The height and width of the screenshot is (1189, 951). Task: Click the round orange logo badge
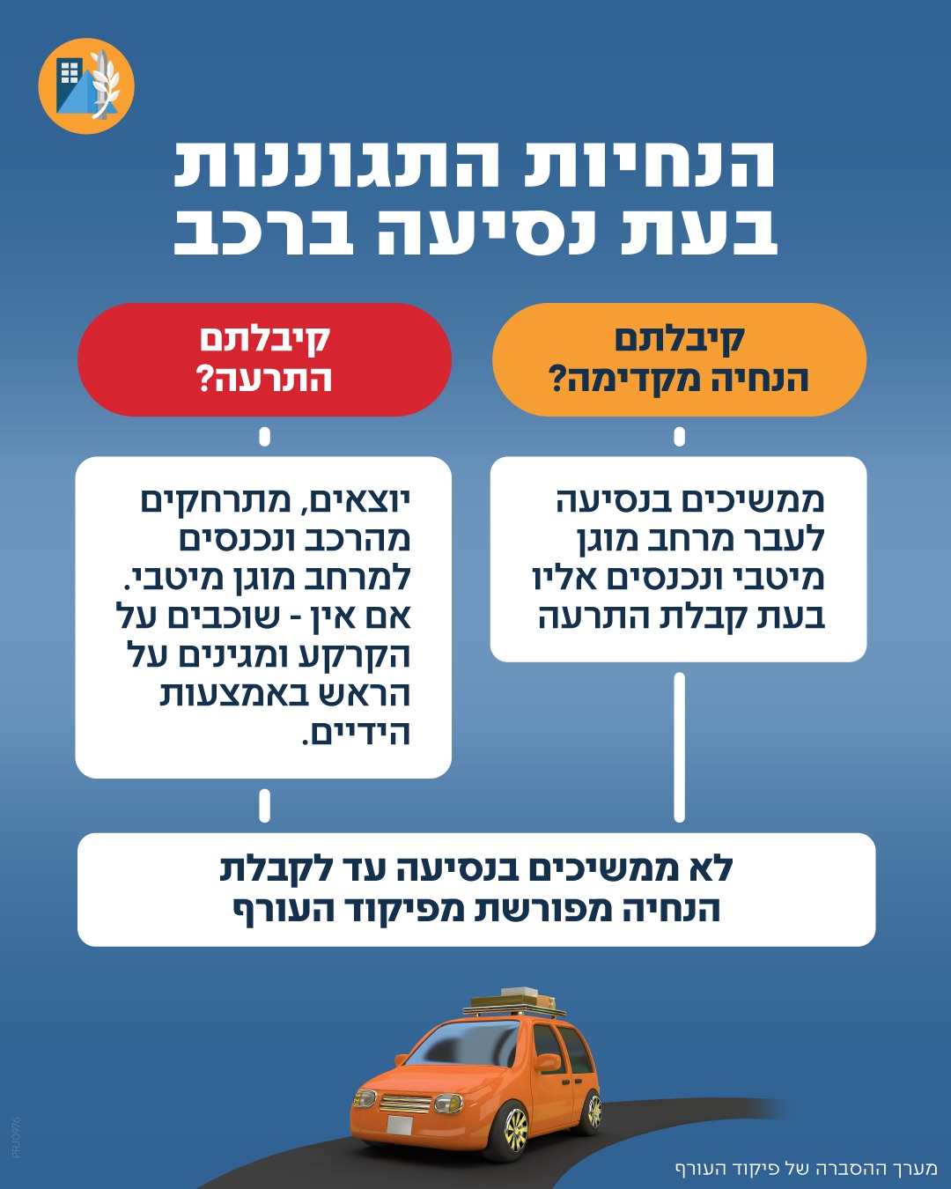(86, 85)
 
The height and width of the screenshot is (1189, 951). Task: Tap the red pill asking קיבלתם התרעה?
(265, 359)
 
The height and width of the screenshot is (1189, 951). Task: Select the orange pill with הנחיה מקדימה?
(679, 359)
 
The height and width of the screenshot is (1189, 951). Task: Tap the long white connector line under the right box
(679, 748)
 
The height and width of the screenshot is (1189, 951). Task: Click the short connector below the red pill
(265, 437)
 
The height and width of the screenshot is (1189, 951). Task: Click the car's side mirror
(547, 1061)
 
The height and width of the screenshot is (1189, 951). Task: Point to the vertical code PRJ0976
(16, 1137)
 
